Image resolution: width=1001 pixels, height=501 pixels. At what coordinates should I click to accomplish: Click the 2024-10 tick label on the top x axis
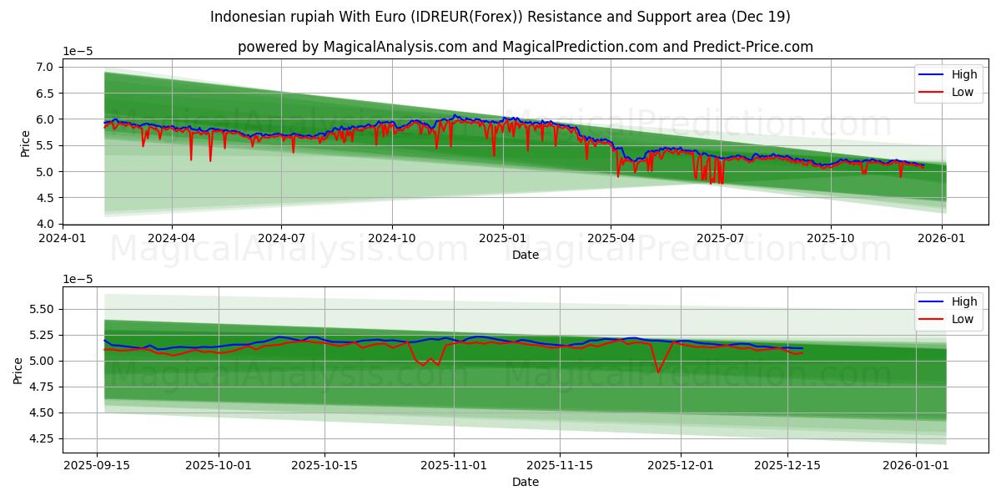tap(392, 238)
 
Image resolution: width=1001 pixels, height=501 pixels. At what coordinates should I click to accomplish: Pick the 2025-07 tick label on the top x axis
tap(721, 238)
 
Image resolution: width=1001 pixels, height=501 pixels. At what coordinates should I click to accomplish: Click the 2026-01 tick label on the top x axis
tap(943, 238)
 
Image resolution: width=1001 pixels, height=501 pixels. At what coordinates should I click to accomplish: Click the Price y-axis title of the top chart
tap(25, 142)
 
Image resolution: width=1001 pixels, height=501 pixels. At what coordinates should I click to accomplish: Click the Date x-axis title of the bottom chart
tap(526, 482)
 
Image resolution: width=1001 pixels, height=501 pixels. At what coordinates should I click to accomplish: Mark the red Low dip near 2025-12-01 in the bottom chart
tap(658, 372)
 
